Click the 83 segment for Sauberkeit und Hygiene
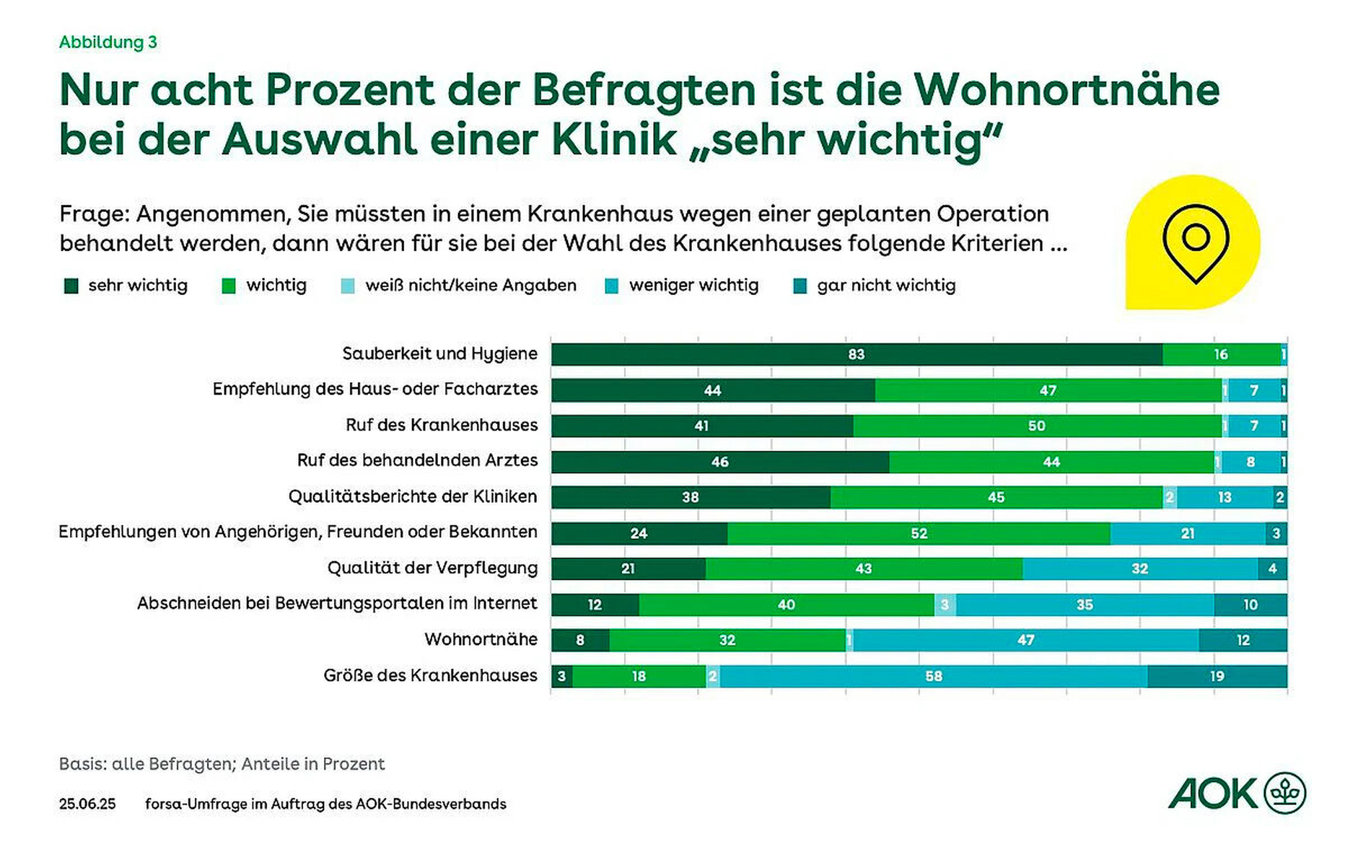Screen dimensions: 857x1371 click(857, 354)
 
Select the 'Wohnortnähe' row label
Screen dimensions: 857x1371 click(481, 639)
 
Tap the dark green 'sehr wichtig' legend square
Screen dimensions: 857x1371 click(71, 286)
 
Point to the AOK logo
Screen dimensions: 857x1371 click(1237, 794)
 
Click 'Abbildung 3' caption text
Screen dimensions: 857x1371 click(108, 43)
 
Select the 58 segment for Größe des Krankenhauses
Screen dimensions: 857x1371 click(934, 676)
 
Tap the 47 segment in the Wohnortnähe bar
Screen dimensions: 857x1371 click(1025, 640)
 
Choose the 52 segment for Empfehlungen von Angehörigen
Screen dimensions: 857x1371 click(919, 533)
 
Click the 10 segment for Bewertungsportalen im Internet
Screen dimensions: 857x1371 click(1250, 605)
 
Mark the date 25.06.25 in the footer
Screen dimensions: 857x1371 click(87, 804)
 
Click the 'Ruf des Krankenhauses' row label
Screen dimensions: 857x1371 click(442, 425)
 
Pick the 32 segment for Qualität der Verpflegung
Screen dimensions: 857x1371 click(1139, 568)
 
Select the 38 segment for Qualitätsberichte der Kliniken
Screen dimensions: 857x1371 click(691, 497)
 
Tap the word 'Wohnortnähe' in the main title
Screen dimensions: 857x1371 click(1066, 90)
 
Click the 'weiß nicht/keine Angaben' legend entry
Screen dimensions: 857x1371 click(470, 286)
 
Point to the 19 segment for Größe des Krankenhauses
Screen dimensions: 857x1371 click(1217, 676)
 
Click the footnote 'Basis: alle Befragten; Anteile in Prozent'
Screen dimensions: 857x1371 click(222, 764)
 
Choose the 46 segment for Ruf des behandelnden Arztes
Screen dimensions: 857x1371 click(719, 462)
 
